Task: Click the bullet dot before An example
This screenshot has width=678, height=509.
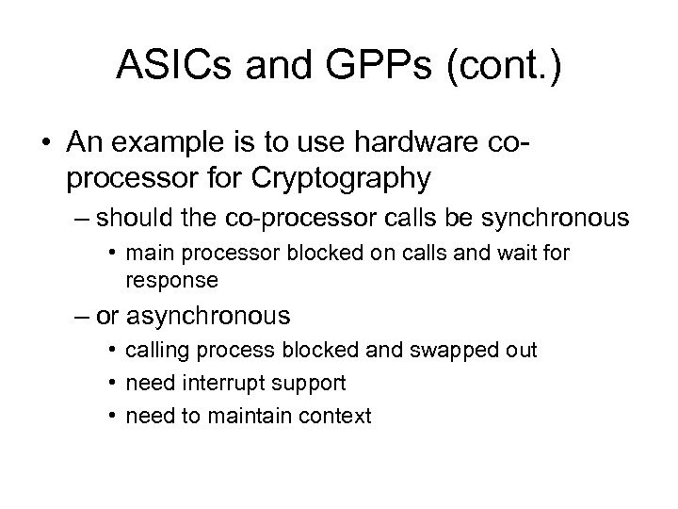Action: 44,141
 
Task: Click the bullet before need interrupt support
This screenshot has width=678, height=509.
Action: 112,383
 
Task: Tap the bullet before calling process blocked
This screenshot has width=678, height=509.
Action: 112,351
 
